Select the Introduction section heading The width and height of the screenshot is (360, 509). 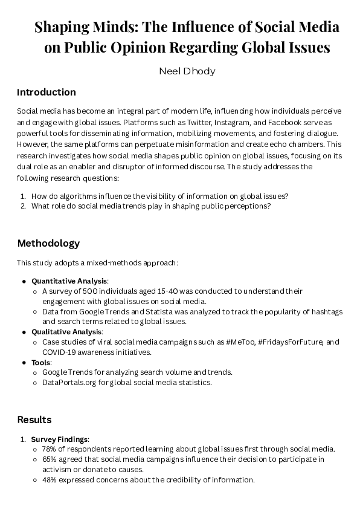(47, 92)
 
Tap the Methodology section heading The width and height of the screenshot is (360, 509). (48, 244)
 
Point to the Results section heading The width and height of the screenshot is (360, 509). (34, 420)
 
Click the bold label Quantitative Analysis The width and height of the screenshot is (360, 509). (69, 281)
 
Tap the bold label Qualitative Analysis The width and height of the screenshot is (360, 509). (67, 332)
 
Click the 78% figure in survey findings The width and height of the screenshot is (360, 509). (50, 449)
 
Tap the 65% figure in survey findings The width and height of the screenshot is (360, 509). (50, 459)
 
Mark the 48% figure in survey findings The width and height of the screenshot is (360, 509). (50, 480)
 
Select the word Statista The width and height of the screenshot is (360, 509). (159, 311)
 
